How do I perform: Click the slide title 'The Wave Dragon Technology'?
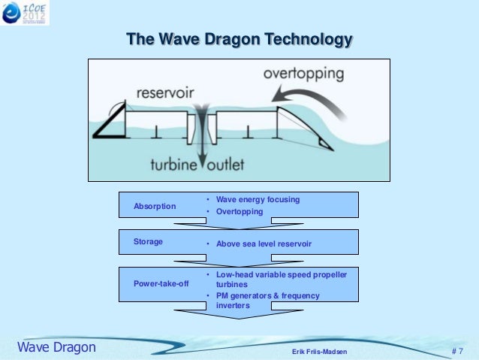click(x=239, y=38)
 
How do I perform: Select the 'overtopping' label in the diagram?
click(x=303, y=74)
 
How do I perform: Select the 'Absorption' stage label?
click(x=155, y=206)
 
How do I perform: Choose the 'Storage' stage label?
click(x=148, y=242)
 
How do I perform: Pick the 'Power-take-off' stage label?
click(x=161, y=283)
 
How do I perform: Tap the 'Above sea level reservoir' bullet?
click(x=264, y=244)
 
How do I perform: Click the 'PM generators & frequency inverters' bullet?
click(x=267, y=301)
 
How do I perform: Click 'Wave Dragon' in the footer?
click(x=56, y=347)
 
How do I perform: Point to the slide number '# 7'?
click(x=456, y=351)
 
